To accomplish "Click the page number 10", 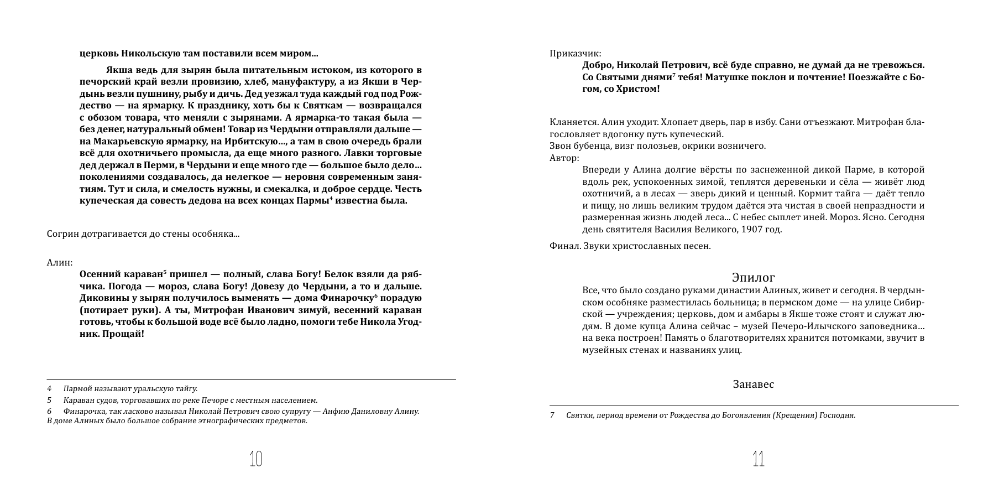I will point(255,459).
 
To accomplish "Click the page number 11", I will point(758,459).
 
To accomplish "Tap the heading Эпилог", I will point(754,277).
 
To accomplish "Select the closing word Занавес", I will point(754,384).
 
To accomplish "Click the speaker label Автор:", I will point(564,158).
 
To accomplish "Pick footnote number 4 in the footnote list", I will point(49,388).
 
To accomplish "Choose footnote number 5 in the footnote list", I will point(49,400).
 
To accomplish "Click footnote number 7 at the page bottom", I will point(552,415).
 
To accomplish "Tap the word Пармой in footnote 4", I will point(76,388).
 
